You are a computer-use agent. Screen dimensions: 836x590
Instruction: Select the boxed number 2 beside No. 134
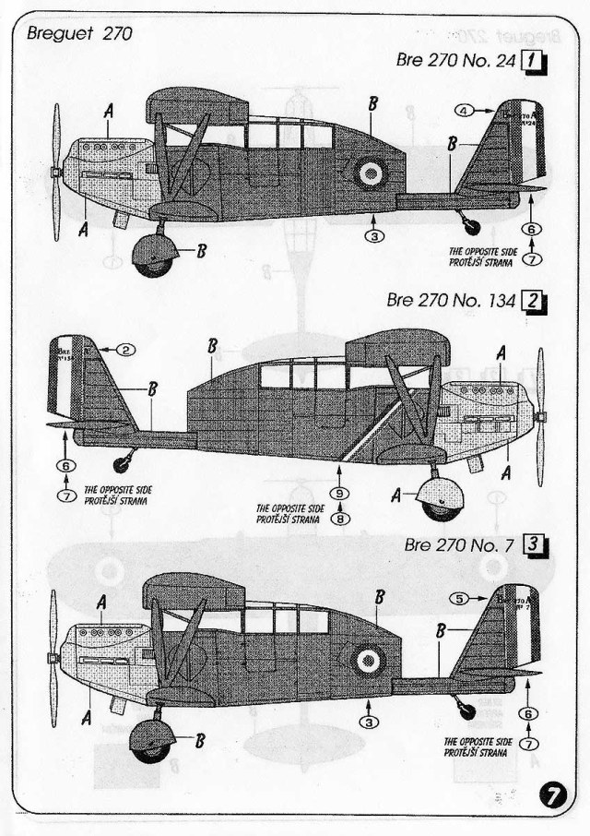point(535,301)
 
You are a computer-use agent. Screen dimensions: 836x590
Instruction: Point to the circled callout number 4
point(466,111)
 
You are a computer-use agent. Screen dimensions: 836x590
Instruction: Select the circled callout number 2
point(126,349)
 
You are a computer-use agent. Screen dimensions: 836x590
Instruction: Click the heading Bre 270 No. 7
point(458,544)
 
